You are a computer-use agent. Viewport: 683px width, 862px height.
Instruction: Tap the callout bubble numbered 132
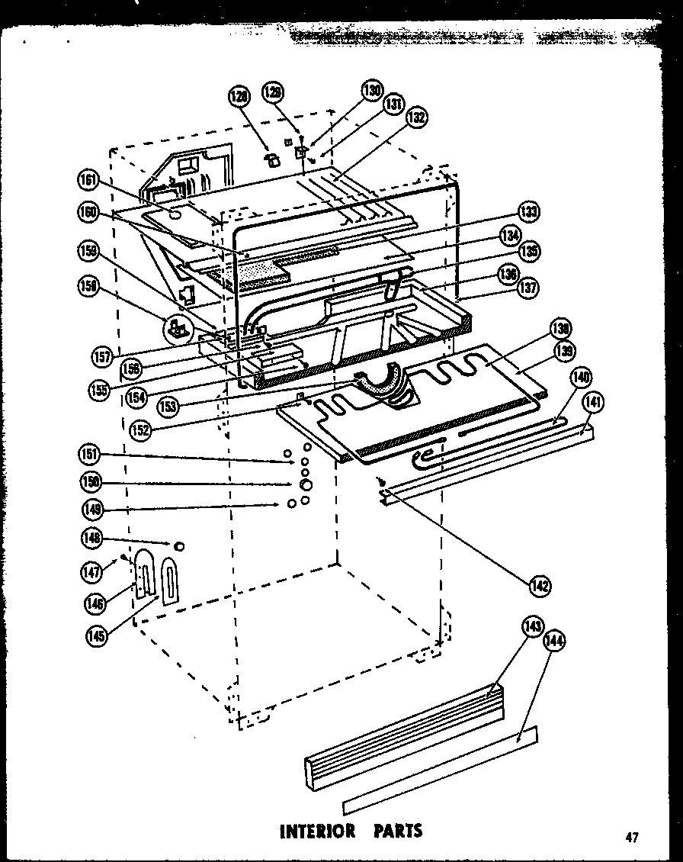415,117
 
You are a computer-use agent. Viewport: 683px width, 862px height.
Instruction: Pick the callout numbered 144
554,642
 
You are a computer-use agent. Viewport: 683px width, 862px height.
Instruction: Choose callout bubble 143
531,627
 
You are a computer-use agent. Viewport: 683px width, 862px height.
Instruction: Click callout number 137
528,288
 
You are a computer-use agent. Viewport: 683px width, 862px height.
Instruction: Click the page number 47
631,838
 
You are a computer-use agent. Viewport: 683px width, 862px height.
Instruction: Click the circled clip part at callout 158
178,330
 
